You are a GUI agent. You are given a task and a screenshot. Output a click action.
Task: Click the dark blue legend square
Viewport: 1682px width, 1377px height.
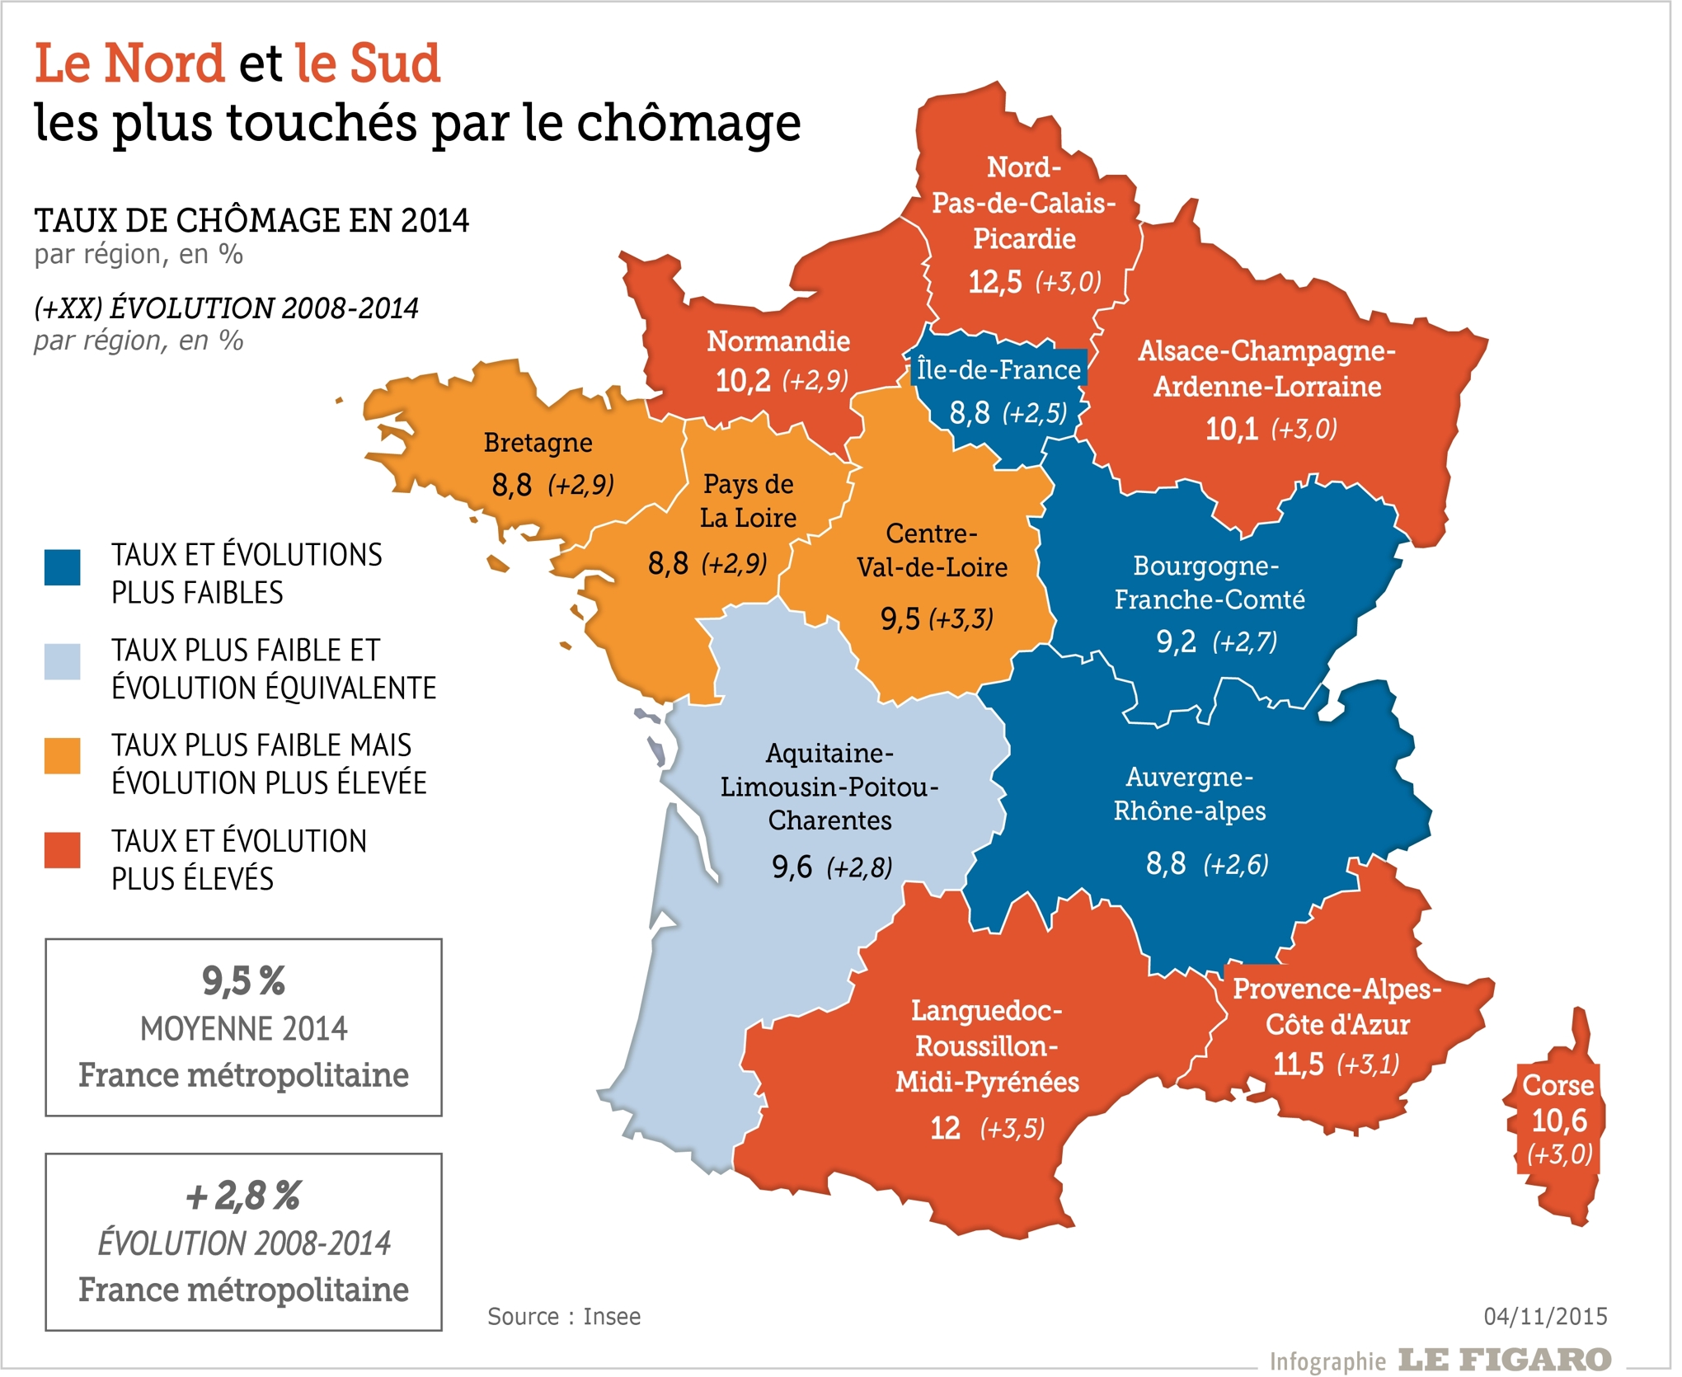[63, 567]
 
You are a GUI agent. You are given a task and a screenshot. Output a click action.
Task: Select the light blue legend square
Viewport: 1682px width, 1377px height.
[63, 662]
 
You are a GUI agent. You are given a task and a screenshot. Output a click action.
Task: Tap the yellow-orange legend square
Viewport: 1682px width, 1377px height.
[63, 756]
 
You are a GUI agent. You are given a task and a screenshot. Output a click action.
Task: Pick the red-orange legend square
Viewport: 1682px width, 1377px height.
[63, 850]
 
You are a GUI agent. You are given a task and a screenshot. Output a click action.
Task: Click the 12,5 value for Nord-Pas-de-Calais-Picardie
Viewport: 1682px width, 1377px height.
[994, 282]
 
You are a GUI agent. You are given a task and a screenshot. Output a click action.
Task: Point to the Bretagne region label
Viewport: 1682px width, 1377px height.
[538, 443]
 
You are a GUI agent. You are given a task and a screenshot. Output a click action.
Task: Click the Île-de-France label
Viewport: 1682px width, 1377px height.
[998, 369]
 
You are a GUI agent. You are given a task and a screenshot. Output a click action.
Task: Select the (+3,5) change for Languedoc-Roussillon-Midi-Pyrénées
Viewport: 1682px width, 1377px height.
[1012, 1128]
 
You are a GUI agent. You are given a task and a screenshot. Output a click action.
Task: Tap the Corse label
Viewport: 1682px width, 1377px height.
[1557, 1085]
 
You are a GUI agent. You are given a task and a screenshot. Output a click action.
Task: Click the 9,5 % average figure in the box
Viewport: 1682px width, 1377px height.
[243, 981]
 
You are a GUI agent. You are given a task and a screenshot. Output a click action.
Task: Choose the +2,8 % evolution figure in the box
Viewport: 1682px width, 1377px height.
[243, 1196]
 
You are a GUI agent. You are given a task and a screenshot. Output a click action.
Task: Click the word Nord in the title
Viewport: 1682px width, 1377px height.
[164, 63]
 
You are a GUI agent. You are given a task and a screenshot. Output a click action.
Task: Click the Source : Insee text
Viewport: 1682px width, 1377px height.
[564, 1316]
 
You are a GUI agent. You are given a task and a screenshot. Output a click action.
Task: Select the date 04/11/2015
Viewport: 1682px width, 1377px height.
[1545, 1316]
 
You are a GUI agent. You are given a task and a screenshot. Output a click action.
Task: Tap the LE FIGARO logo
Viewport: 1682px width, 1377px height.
[1505, 1359]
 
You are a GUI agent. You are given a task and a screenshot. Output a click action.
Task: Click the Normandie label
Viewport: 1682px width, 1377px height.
[778, 341]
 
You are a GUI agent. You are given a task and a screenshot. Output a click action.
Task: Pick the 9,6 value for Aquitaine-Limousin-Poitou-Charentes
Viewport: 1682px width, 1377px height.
[792, 867]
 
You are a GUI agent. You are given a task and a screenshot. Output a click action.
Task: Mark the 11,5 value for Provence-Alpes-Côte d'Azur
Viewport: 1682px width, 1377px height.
[1298, 1064]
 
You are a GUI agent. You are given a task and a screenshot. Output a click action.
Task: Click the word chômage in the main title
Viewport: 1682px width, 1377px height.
[688, 123]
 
